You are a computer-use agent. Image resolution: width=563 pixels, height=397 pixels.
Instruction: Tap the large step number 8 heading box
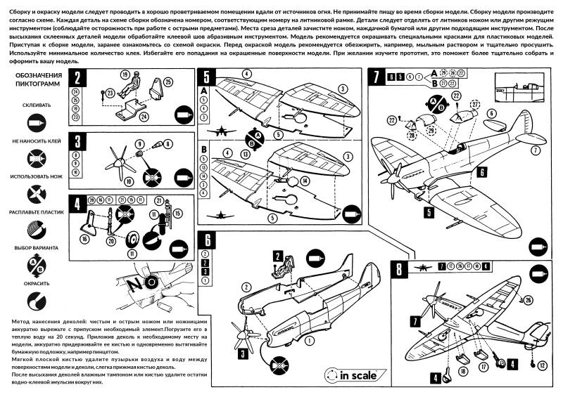click(399, 269)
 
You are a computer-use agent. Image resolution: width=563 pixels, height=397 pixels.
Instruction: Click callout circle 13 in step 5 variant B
click(244, 153)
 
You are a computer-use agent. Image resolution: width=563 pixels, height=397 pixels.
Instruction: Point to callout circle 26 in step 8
click(529, 301)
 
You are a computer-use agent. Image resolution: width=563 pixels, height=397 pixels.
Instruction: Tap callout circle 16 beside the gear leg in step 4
click(84, 240)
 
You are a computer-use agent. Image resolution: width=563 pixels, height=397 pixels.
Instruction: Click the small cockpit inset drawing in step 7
click(522, 88)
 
